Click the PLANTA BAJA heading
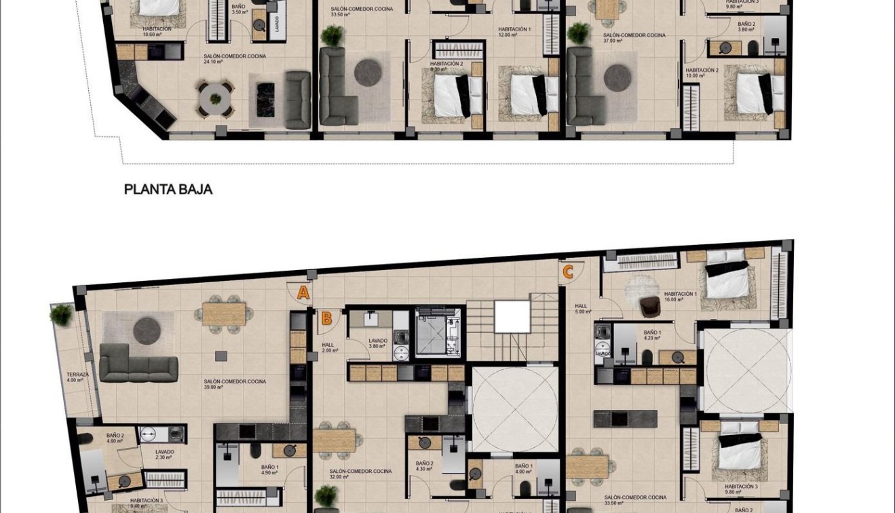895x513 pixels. coord(168,190)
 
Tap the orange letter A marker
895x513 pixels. coord(303,293)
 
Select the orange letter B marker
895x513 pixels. coord(326,318)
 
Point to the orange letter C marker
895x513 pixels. coord(568,272)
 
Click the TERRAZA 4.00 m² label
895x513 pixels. coord(75,377)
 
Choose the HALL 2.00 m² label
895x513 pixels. coord(330,347)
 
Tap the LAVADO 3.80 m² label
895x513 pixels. coord(378,343)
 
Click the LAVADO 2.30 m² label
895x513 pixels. coord(164,454)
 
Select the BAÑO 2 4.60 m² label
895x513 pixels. coord(115,438)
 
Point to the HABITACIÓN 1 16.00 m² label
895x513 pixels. coord(680,297)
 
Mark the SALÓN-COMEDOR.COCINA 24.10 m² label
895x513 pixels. coord(235,59)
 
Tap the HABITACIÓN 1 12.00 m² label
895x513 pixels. coord(514,32)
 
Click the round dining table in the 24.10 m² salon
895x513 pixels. coord(216,99)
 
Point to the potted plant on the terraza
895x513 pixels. coord(61,314)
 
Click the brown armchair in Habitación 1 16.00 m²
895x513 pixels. coord(649,307)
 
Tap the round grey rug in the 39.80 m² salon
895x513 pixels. coord(147,330)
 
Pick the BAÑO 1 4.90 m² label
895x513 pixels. coord(269,470)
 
